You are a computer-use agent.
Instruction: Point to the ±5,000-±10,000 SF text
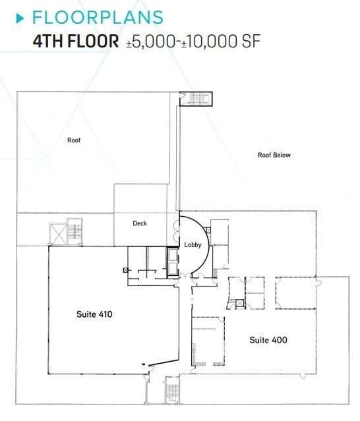[194, 41]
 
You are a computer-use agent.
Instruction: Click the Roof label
[74, 140]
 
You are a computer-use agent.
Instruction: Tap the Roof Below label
[274, 155]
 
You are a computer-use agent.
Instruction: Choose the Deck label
[139, 223]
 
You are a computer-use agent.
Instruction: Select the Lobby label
[192, 244]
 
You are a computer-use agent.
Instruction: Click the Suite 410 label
[94, 314]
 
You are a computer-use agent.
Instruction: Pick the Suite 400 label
[268, 340]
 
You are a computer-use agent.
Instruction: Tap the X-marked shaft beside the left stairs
[57, 233]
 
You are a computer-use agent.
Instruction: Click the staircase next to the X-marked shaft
[75, 233]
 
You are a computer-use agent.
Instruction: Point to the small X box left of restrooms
[125, 269]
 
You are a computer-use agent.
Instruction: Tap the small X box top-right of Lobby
[207, 229]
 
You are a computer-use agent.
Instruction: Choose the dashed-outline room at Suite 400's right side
[295, 293]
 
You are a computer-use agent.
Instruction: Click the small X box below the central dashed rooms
[239, 303]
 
